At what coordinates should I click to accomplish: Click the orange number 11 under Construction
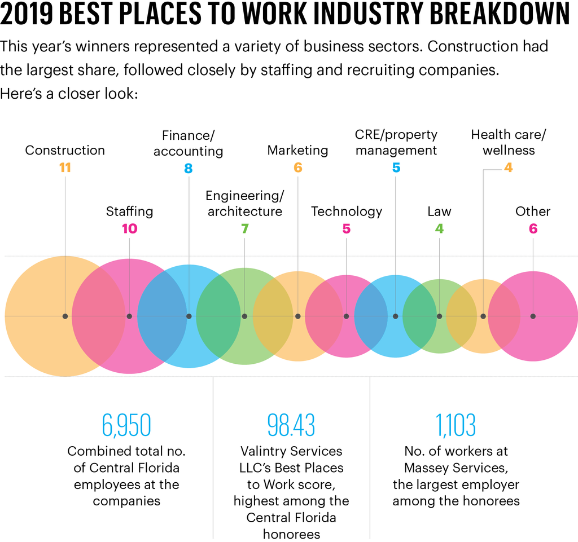pyautogui.click(x=65, y=168)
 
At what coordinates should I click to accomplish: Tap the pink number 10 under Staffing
pyautogui.click(x=129, y=228)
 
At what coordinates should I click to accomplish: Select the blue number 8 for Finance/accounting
pyautogui.click(x=188, y=168)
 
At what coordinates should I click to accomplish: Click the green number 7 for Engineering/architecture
pyautogui.click(x=244, y=228)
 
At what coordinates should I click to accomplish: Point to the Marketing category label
pyautogui.click(x=297, y=150)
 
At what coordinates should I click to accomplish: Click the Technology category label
pyautogui.click(x=347, y=211)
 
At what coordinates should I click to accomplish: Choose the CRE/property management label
pyautogui.click(x=396, y=143)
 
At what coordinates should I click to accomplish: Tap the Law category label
pyautogui.click(x=439, y=211)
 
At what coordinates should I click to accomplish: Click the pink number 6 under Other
pyautogui.click(x=533, y=228)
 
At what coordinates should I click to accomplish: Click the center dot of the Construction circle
pyautogui.click(x=65, y=316)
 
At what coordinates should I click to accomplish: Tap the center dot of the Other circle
pyautogui.click(x=533, y=316)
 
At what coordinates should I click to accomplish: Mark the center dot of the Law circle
pyautogui.click(x=439, y=316)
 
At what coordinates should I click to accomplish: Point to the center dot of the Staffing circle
pyautogui.click(x=129, y=316)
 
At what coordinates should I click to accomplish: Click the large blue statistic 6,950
pyautogui.click(x=126, y=425)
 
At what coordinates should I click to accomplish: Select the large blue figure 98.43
pyautogui.click(x=291, y=425)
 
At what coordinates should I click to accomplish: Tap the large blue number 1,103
pyautogui.click(x=456, y=425)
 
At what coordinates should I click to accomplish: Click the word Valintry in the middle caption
pyautogui.click(x=264, y=451)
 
